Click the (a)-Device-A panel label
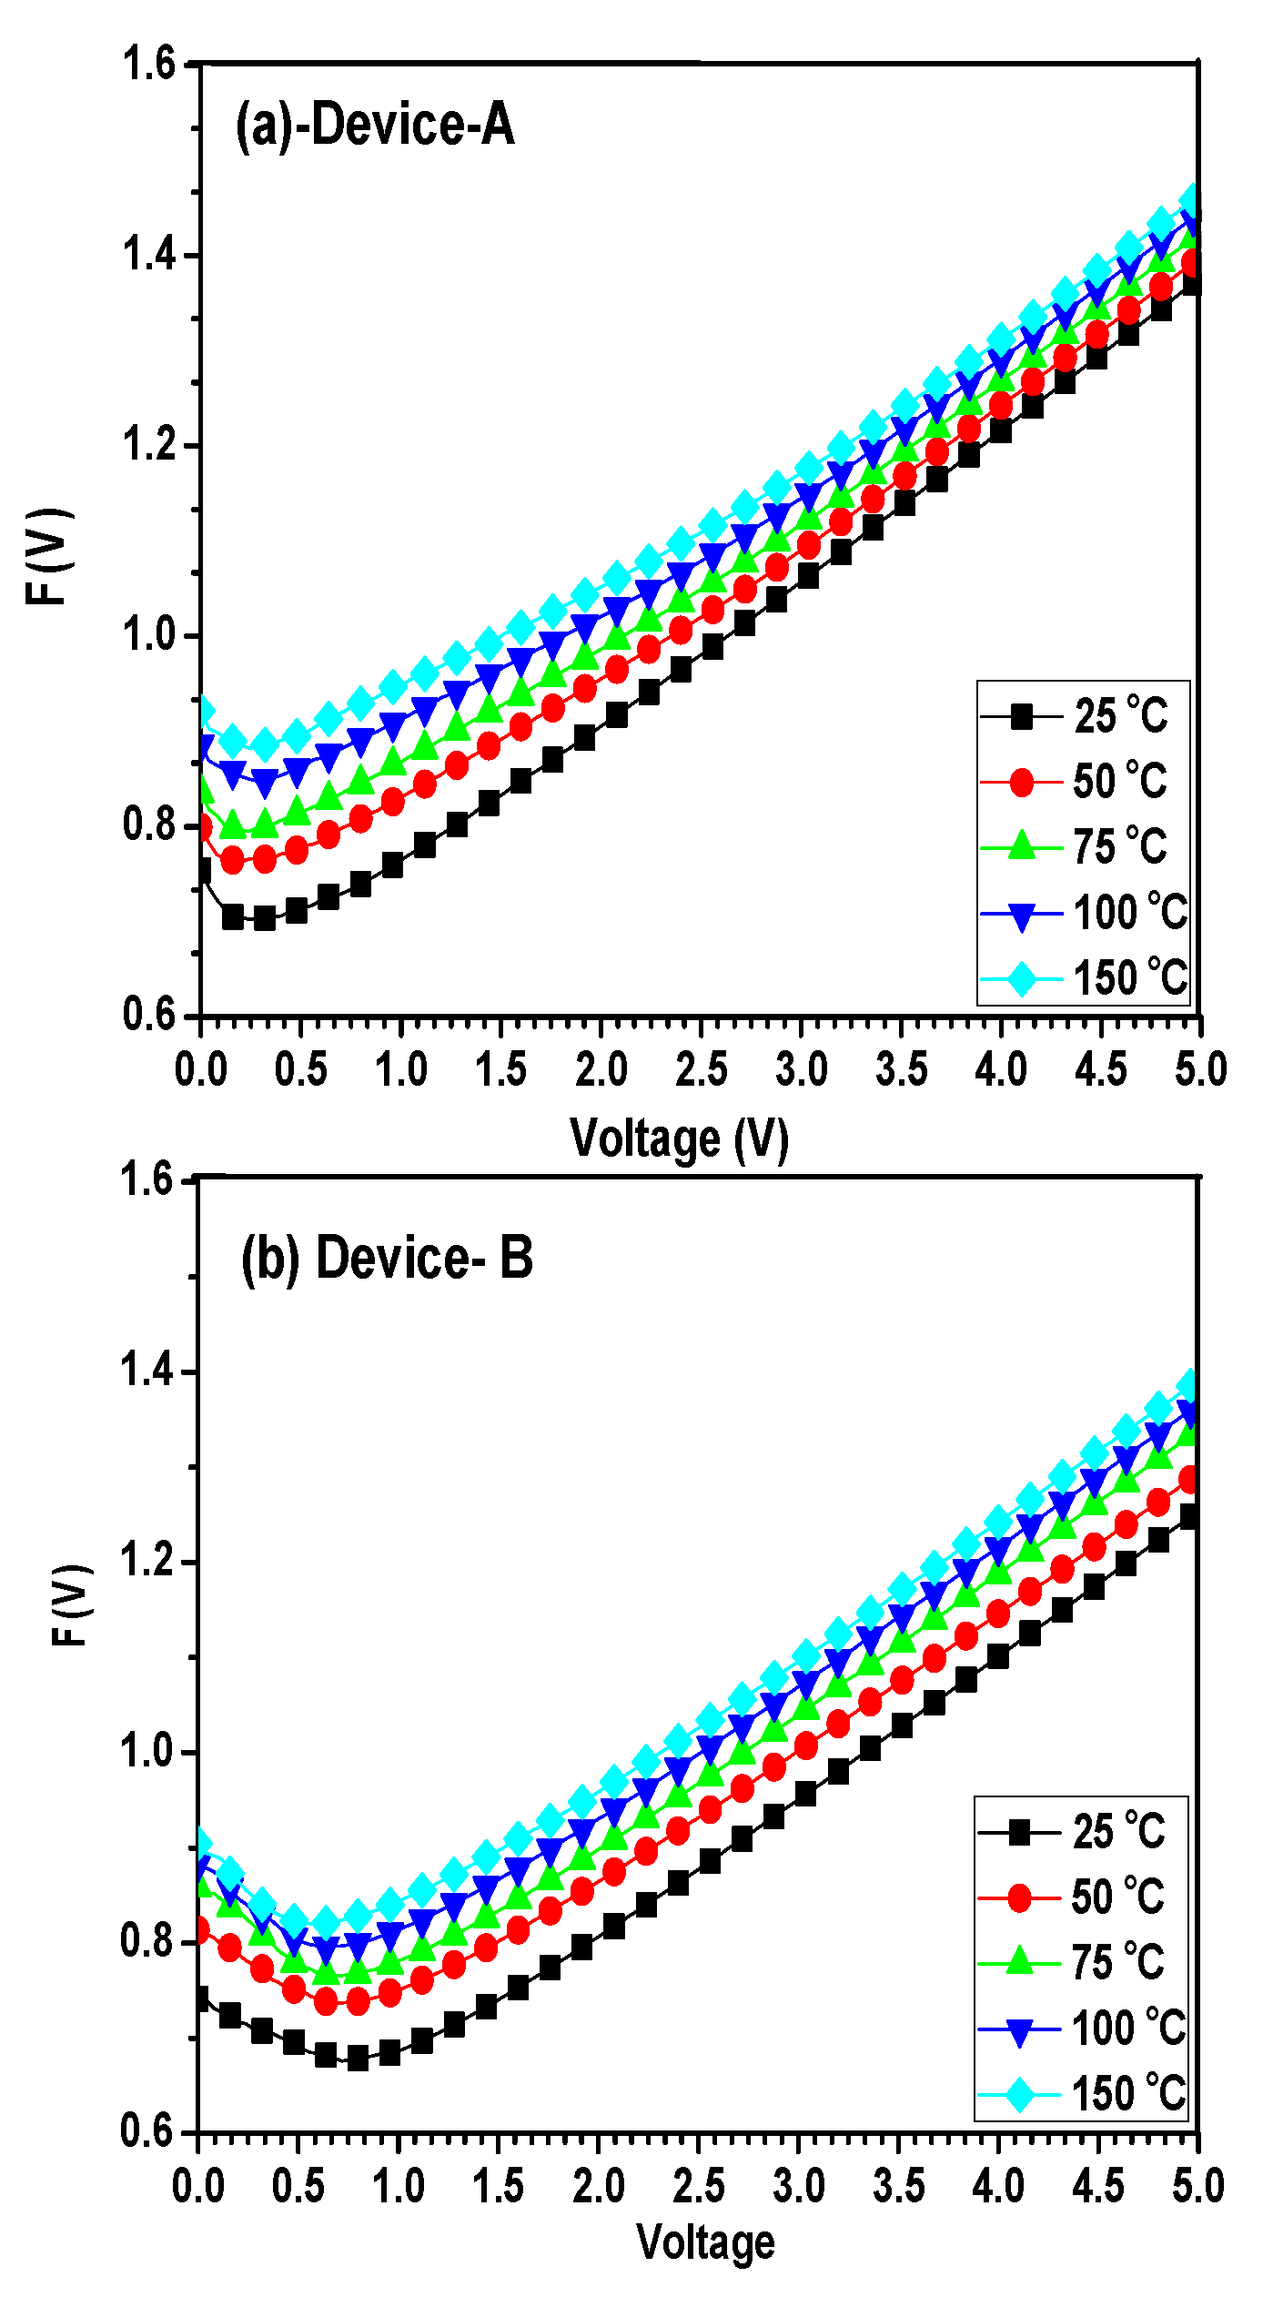pos(375,125)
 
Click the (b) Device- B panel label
pos(387,1259)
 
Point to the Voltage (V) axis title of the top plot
pos(679,1138)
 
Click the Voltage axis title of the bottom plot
pos(705,2241)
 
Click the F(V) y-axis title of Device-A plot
pos(47,556)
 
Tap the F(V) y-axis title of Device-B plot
pos(72,1606)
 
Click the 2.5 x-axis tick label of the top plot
pos(701,1069)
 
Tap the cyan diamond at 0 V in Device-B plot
pos(200,1843)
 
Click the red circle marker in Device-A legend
pos(1022,783)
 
